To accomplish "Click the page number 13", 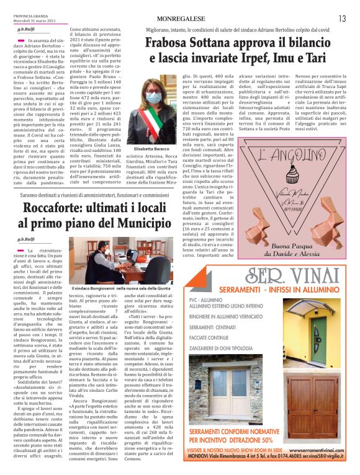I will click(342, 19).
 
